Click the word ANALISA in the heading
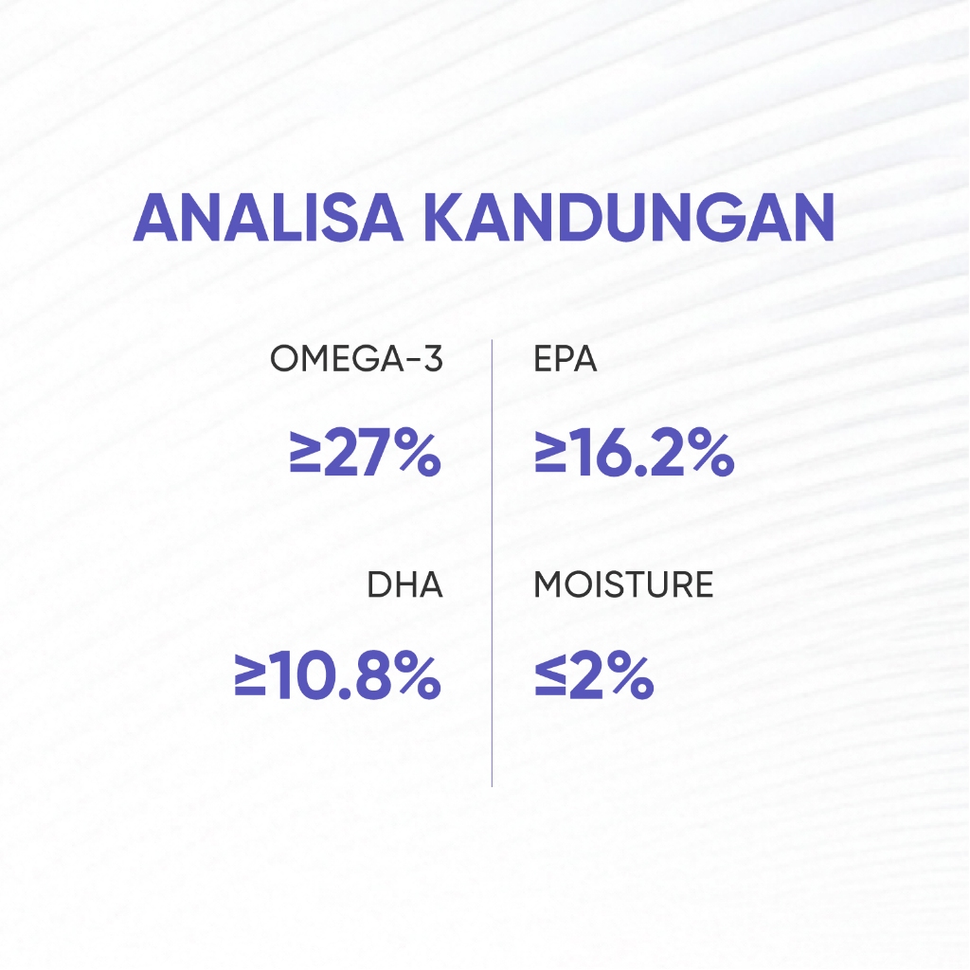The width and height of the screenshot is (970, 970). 268,218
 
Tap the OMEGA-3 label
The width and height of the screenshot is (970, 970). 356,359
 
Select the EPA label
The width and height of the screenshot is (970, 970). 565,359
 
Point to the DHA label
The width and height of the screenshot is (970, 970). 404,584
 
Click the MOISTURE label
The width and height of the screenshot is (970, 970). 623,584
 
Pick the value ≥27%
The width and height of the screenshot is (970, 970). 365,454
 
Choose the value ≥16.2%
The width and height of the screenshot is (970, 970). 634,454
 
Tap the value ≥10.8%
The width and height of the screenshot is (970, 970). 338,676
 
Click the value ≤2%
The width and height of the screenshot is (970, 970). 594,676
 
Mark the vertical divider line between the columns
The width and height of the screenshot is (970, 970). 493,563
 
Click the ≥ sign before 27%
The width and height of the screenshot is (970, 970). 305,454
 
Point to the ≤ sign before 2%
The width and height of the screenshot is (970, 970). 550,675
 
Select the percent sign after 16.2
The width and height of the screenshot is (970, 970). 713,454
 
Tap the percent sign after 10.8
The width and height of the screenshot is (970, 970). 420,676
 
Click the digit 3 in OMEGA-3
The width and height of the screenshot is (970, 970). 434,359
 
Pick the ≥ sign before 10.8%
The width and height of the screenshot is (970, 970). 250,675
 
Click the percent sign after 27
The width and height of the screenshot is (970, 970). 420,454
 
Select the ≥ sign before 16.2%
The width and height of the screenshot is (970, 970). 550,454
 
